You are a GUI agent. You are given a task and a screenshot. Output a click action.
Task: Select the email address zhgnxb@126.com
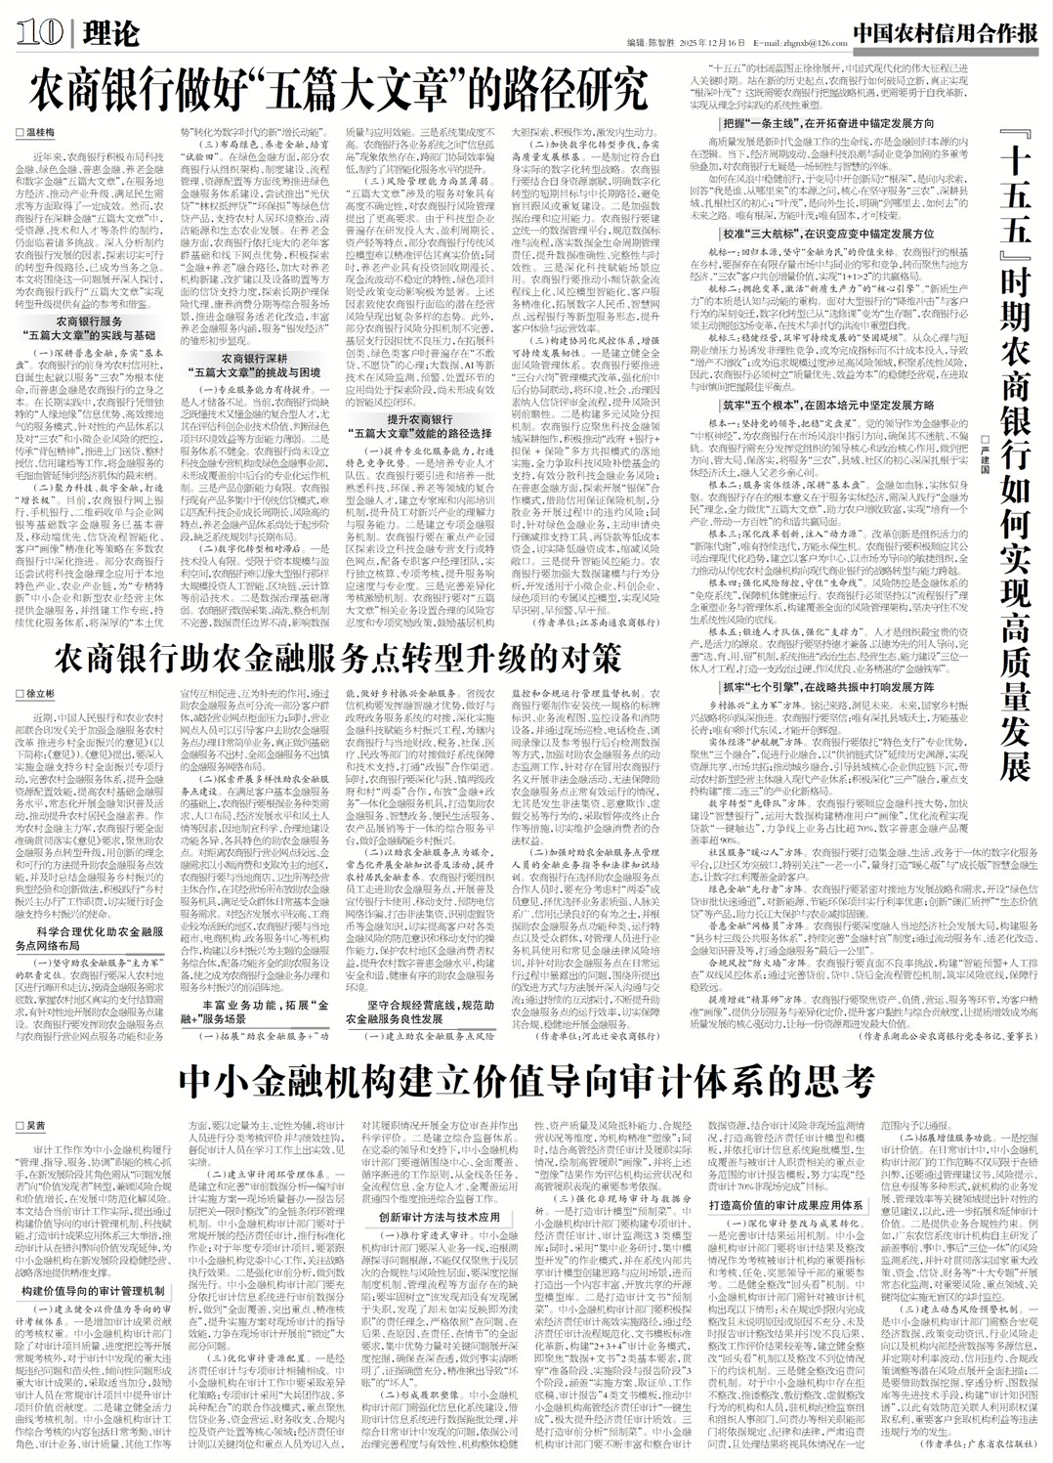pyautogui.click(x=807, y=43)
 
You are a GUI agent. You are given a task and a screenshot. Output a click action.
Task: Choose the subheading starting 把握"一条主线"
pyautogui.click(x=826, y=124)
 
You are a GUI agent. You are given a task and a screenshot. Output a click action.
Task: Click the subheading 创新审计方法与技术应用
pyautogui.click(x=439, y=1218)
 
